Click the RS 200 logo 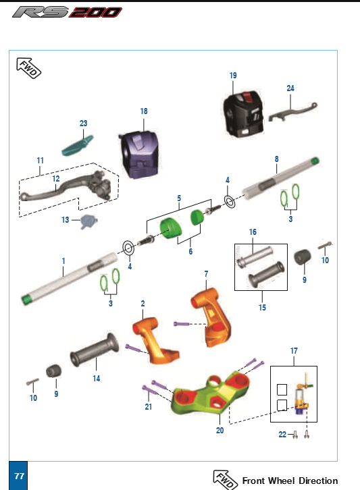pos(67,12)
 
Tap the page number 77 pos(19,476)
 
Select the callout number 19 pos(233,76)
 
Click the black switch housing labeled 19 pos(243,114)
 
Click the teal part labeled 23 pos(78,146)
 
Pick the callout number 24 pos(290,88)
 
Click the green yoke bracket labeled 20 pos(210,393)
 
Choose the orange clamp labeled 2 pos(154,341)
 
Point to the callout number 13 pos(65,220)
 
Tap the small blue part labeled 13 pos(88,221)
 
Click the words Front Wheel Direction pos(290,481)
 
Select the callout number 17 pos(294,351)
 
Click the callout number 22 pos(282,435)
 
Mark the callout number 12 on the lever pos(55,179)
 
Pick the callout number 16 pos(253,232)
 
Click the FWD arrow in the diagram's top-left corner pos(28,67)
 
